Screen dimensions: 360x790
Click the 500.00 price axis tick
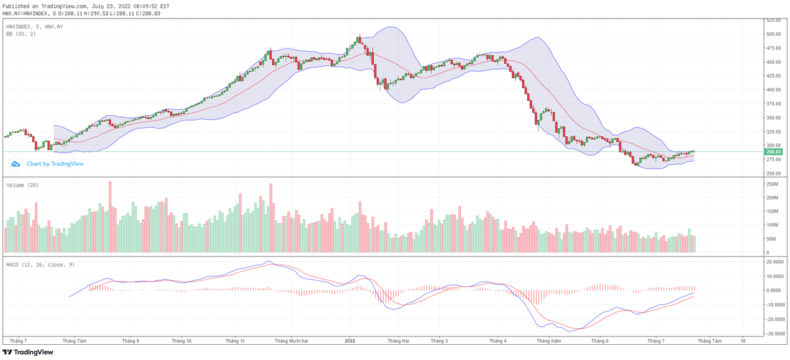773,34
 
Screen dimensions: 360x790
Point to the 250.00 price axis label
773,173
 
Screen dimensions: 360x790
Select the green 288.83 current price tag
773,152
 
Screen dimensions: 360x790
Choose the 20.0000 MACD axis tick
774,261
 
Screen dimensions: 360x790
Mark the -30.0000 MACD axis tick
774,334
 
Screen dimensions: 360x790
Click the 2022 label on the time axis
350,341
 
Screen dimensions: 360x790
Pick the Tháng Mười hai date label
292,341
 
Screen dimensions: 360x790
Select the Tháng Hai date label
398,341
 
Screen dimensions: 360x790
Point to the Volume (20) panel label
22,185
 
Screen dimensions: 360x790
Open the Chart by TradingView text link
55,164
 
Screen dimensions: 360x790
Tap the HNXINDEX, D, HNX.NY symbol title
34,26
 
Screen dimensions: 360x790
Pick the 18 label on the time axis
743,341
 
